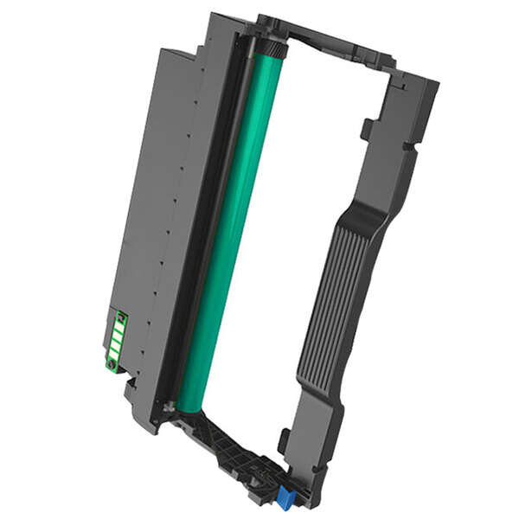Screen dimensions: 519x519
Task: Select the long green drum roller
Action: click(x=229, y=234)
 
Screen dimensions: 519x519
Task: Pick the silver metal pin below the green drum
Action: click(x=170, y=405)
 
